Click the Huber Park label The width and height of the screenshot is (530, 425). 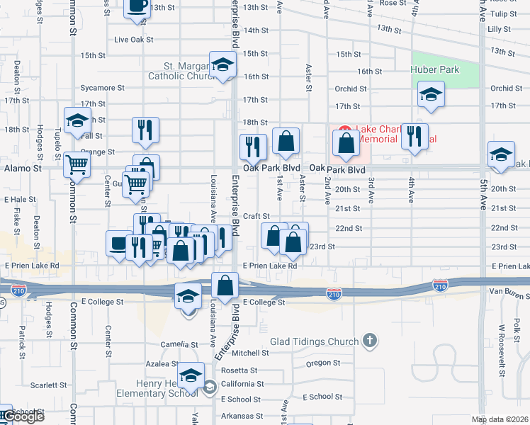tap(435, 69)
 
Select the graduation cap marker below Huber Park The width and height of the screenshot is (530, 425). tap(430, 96)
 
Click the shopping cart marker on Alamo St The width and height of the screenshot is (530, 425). tap(77, 165)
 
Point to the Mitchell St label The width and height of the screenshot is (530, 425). tap(246, 353)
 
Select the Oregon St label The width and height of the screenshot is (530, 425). tap(323, 363)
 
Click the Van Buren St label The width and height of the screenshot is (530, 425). tap(509, 291)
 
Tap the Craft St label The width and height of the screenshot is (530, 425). tap(256, 216)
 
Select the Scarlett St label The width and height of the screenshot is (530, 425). tap(48, 386)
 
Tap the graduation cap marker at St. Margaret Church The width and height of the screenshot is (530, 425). tap(222, 65)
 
